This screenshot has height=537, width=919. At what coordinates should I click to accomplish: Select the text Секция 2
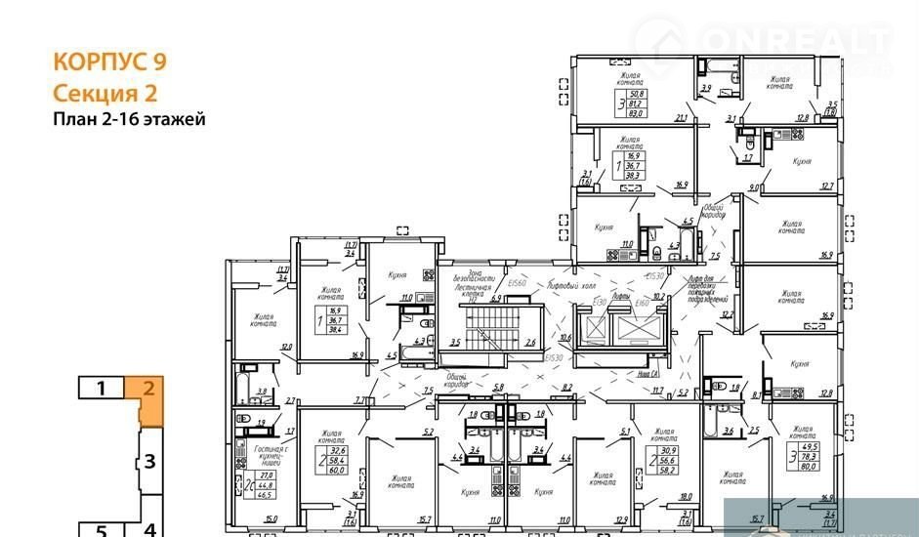click(104, 93)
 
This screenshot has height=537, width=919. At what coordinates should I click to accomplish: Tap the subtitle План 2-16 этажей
click(128, 120)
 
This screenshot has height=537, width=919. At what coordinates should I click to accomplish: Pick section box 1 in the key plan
click(101, 388)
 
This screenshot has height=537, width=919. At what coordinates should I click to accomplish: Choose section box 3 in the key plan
click(149, 461)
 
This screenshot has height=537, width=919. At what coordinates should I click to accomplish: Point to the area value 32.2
click(727, 314)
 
